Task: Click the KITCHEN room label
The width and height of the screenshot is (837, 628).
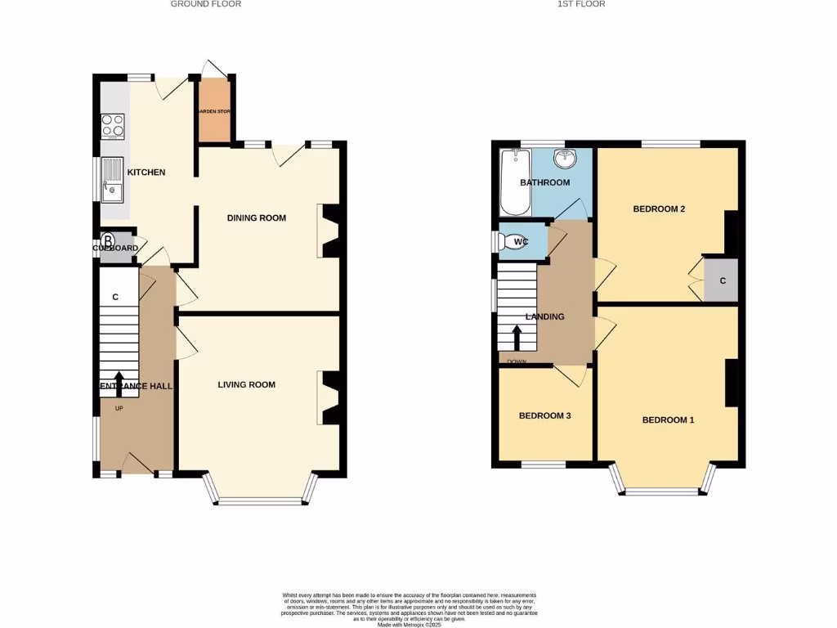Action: (x=146, y=173)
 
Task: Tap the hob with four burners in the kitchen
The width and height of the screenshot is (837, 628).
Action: (x=113, y=125)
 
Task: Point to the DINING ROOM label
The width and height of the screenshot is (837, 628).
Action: (x=256, y=218)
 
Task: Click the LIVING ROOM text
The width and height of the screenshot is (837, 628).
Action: (x=246, y=384)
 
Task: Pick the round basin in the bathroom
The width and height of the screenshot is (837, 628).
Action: (x=565, y=158)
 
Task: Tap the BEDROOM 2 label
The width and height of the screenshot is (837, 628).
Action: (x=659, y=209)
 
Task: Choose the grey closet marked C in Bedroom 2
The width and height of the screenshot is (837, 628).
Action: (x=722, y=280)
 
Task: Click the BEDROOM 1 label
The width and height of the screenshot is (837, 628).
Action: (x=668, y=420)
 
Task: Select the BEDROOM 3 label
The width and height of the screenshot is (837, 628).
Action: (x=544, y=415)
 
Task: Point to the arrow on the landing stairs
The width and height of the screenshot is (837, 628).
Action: (x=517, y=336)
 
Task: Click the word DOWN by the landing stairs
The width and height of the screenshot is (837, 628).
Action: (x=517, y=362)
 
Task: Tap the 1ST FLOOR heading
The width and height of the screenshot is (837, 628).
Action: (x=581, y=4)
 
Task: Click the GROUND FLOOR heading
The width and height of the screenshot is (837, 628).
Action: (x=205, y=4)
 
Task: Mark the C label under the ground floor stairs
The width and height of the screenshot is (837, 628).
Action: (x=115, y=297)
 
